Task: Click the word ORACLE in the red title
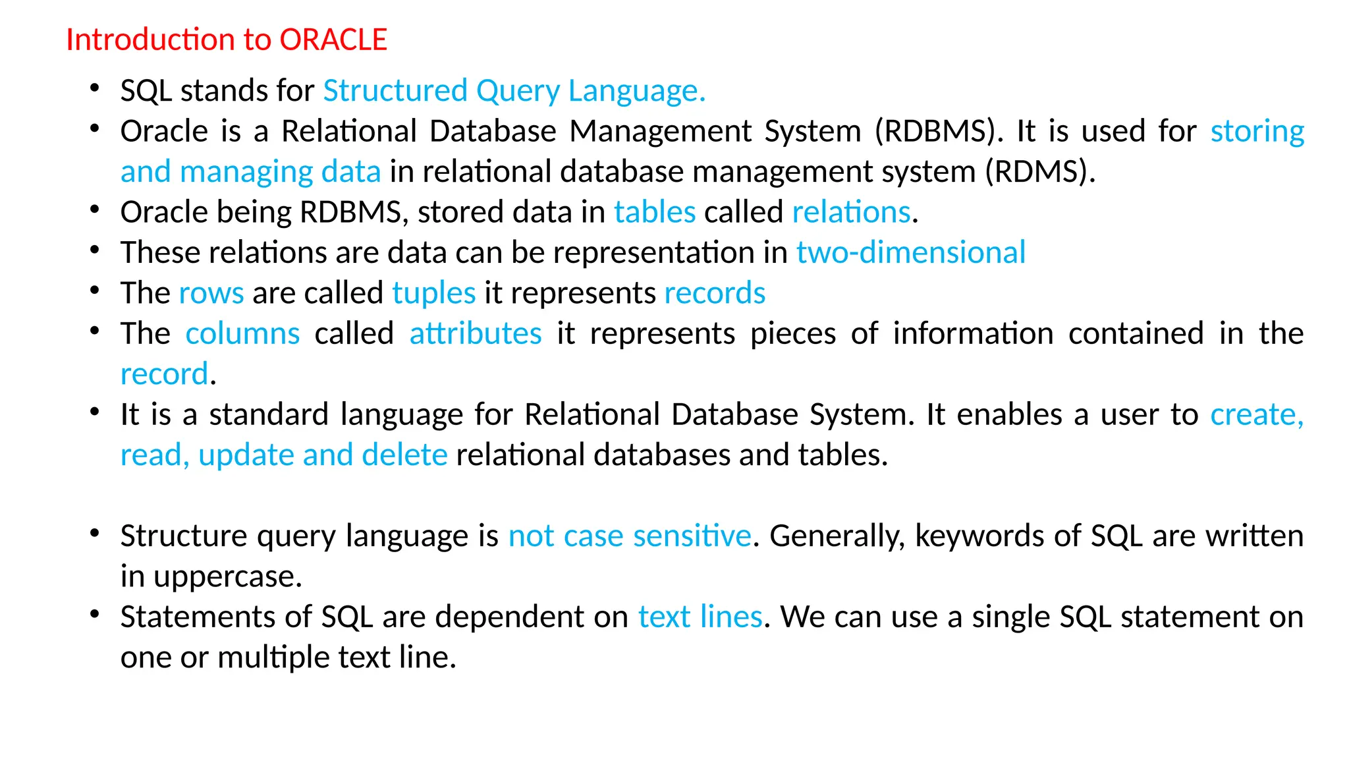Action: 333,40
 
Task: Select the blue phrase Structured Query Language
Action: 514,91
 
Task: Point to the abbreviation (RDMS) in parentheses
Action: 1040,172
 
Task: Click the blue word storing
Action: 1257,132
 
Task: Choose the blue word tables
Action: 655,212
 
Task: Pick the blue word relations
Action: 851,212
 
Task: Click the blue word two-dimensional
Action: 911,252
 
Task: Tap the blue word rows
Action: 211,293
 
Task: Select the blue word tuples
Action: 434,293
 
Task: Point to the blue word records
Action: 715,293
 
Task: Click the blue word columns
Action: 242,333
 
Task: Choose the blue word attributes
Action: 476,333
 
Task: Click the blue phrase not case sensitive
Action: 630,536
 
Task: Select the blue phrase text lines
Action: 700,617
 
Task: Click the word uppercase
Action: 227,577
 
